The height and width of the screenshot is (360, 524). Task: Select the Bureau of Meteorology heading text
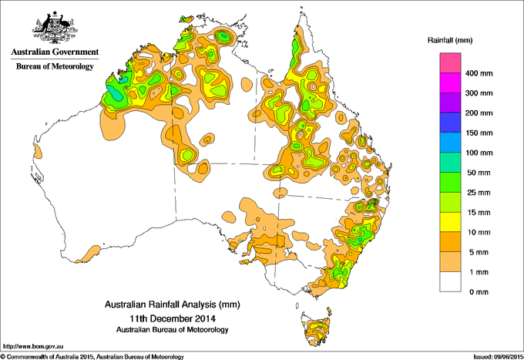54,67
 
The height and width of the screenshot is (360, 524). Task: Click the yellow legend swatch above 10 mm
450,222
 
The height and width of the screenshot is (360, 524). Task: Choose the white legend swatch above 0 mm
450,282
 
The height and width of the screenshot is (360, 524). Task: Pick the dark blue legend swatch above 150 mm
450,123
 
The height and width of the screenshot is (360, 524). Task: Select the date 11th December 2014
172,318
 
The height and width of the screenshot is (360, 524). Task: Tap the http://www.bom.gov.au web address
32,346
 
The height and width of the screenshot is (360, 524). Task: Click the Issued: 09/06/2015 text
495,355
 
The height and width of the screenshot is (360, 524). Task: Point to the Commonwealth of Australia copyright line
92,355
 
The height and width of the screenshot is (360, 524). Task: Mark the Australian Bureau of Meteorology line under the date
172,329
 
